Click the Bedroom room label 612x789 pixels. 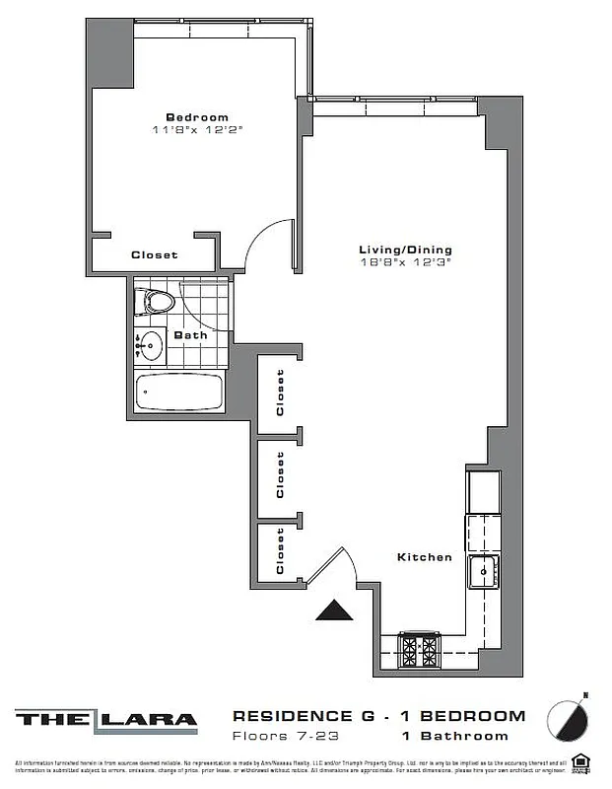coord(196,116)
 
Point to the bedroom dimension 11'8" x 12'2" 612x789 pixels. coord(196,129)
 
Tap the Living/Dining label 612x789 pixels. coord(404,250)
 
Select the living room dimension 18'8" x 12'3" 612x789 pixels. coord(404,262)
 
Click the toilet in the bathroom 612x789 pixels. coord(155,301)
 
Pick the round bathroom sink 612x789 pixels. coord(150,346)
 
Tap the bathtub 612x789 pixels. coord(179,393)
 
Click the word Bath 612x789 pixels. coord(190,334)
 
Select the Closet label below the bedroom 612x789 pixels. coord(155,254)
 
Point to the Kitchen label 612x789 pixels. coord(424,557)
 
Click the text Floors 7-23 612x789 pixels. coord(275,736)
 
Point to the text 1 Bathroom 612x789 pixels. coord(454,736)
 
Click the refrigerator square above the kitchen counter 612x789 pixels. coord(483,490)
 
